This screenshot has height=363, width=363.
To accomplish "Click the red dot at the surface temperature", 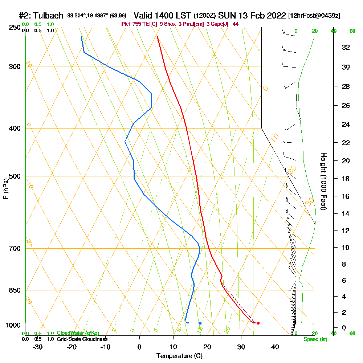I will click(x=258, y=323).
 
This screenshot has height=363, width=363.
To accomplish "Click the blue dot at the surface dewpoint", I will click(x=200, y=323).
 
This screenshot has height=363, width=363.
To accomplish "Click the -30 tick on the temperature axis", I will click(x=38, y=347).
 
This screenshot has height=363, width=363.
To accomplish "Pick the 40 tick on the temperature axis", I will click(x=275, y=347).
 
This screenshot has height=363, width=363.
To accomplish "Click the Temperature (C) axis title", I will click(x=179, y=356).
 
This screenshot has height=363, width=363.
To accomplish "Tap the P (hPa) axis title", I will click(x=6, y=188).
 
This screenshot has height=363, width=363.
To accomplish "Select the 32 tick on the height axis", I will click(x=346, y=47).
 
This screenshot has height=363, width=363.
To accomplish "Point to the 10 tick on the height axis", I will click(x=346, y=248).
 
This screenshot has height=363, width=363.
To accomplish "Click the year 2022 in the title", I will click(x=275, y=16).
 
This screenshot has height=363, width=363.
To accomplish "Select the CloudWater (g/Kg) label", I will click(x=78, y=333).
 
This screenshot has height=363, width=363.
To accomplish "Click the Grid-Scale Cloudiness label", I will click(x=82, y=339).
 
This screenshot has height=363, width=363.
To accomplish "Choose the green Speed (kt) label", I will click(x=314, y=339).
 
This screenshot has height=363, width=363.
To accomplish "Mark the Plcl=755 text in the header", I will click(x=131, y=24).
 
